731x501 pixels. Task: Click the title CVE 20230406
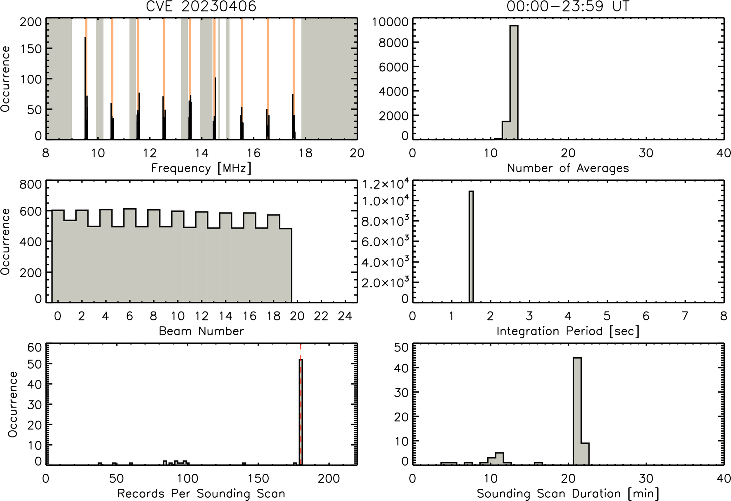tap(201, 6)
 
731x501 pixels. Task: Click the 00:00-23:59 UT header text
tap(568, 6)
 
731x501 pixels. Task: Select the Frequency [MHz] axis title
tap(201, 168)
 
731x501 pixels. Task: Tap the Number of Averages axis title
tap(568, 168)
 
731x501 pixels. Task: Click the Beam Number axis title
tap(201, 331)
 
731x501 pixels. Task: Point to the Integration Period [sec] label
tap(568, 331)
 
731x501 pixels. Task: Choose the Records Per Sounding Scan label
tap(201, 493)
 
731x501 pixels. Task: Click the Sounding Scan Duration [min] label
tap(568, 493)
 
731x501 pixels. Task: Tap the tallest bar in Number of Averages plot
tap(514, 82)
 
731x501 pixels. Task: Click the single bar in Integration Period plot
tap(471, 246)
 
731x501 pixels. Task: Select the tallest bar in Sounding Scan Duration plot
tap(577, 411)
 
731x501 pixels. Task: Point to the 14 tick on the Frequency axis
tap(202, 153)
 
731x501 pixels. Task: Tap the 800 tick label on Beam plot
tap(31, 184)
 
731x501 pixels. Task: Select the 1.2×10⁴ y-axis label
tap(386, 184)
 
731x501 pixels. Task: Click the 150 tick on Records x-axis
tap(258, 479)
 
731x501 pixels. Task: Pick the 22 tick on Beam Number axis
tap(321, 316)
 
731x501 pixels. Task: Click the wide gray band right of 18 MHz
tap(329, 79)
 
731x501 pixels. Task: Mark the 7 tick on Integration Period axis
tap(685, 316)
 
